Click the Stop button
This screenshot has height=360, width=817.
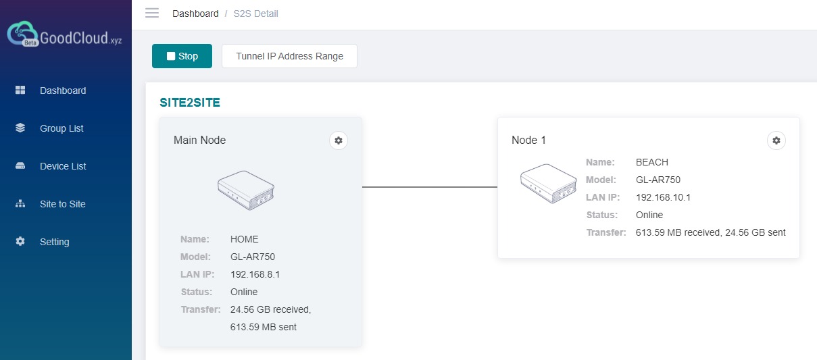click(182, 56)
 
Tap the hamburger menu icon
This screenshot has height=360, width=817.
click(152, 14)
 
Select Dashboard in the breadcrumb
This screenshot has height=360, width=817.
click(195, 14)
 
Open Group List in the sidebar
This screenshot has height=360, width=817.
click(61, 128)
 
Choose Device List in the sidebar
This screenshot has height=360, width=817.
click(63, 166)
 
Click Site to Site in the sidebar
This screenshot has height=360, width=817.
click(62, 204)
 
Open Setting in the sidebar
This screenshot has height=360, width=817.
click(54, 242)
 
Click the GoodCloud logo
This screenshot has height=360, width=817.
click(65, 36)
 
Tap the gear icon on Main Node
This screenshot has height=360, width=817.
click(339, 140)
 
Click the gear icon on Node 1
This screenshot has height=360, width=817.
click(776, 140)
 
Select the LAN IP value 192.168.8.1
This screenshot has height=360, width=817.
click(255, 274)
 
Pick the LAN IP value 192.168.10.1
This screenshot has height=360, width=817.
click(663, 197)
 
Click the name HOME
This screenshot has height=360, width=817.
click(245, 239)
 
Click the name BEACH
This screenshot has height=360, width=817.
click(651, 162)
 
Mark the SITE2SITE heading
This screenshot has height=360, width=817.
click(190, 103)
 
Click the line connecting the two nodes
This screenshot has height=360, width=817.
click(430, 187)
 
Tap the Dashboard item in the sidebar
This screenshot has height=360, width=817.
click(63, 91)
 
